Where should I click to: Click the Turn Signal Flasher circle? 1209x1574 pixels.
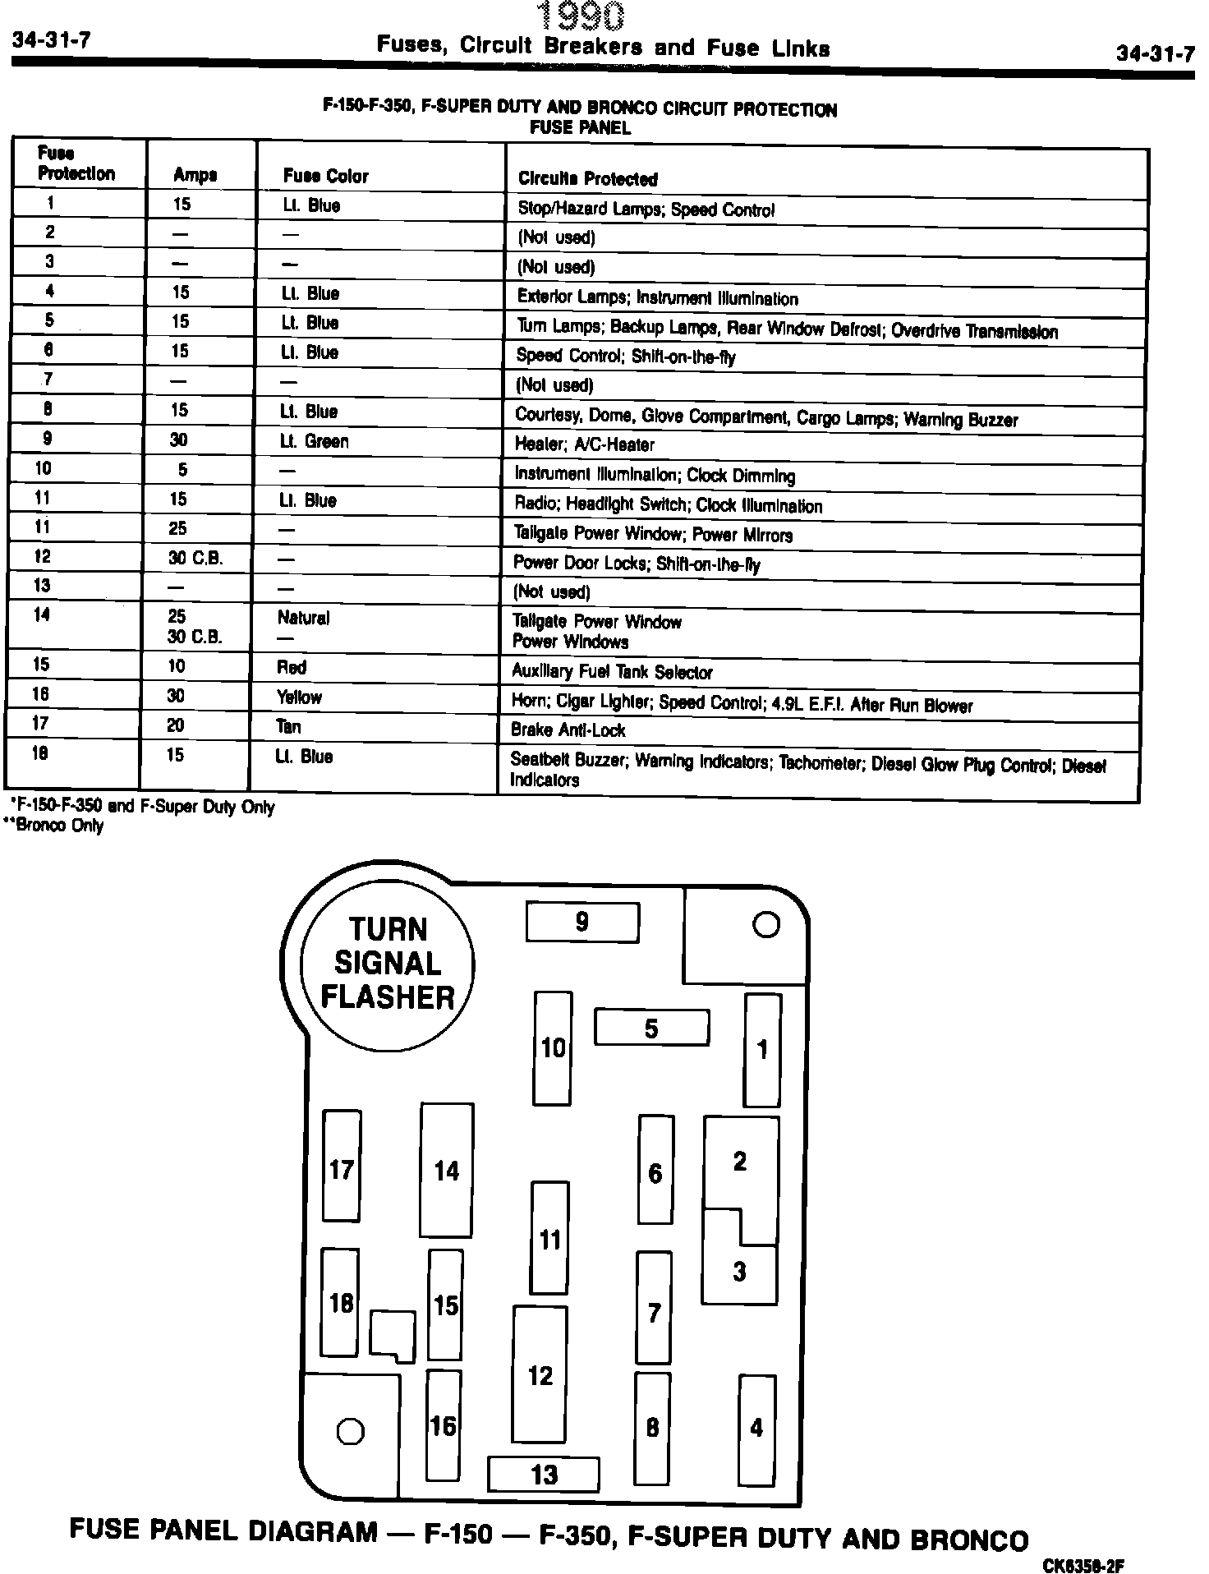[388, 963]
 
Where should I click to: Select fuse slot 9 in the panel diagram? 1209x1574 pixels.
[582, 922]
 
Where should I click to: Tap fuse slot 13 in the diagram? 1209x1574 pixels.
[544, 1475]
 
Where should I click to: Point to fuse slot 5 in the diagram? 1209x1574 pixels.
[651, 1028]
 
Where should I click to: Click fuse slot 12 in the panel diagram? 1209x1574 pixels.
[540, 1375]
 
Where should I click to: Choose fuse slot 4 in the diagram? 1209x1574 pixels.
[756, 1429]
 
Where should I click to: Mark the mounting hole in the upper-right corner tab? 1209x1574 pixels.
[765, 926]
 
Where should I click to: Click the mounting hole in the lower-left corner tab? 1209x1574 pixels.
[351, 1432]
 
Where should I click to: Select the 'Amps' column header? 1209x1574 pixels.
[195, 175]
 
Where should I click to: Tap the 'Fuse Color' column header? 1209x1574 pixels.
[326, 176]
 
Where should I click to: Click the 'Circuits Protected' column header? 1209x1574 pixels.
[588, 178]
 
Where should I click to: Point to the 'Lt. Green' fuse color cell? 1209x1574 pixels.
[315, 441]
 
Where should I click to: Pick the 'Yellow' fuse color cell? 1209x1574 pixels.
[299, 697]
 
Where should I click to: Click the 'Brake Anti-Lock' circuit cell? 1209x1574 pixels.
[568, 729]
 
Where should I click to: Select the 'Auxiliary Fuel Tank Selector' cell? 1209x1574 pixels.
[612, 672]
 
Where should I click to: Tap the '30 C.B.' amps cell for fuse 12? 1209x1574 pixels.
[195, 559]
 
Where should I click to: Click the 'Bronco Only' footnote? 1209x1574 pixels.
[55, 826]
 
